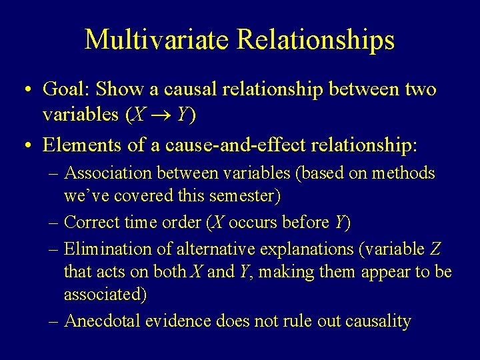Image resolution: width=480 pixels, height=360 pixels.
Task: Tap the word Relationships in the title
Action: [x=317, y=39]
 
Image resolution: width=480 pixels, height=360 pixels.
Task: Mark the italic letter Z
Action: [x=435, y=249]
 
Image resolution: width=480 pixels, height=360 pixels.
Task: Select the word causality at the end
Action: [x=377, y=321]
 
